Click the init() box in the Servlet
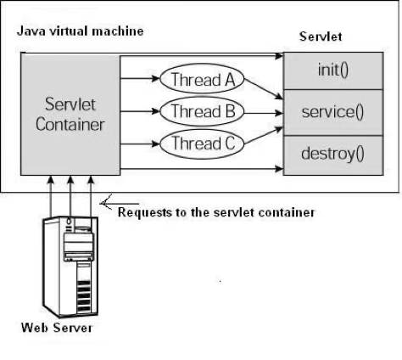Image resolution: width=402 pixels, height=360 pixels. pos(333,70)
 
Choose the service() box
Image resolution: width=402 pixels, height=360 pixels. pos(333,113)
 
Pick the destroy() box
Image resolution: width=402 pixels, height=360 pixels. pos(333,155)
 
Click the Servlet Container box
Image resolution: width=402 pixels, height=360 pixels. pos(70,115)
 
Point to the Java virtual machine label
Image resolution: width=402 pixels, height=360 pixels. pos(81,31)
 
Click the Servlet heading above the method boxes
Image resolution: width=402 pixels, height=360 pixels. pos(321,37)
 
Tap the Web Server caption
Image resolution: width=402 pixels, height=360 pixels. pos(57,328)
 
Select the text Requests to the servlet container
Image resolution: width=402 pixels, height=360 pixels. pos(216,212)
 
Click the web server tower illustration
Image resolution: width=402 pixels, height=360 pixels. pos(70,267)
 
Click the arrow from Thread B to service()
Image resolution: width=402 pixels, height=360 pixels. pos(264,113)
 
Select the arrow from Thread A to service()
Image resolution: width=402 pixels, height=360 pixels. pos(264,88)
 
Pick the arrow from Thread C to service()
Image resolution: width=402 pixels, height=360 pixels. pos(264,136)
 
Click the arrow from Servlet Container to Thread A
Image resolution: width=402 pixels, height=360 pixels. pos(140,78)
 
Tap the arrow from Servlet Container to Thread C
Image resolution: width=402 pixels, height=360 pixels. pos(140,144)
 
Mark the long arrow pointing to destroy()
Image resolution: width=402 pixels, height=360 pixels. pos(202,169)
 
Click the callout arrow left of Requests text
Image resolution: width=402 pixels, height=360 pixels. pos(120,203)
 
